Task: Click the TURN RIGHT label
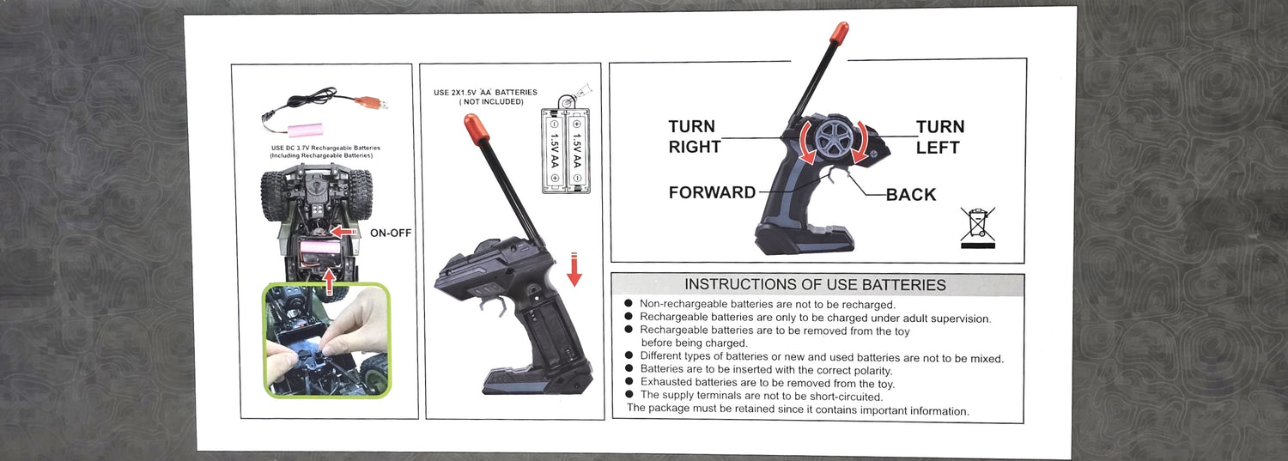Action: (x=695, y=136)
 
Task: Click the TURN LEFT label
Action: (x=940, y=136)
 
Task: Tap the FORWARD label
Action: (x=712, y=192)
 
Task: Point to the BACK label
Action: (x=911, y=194)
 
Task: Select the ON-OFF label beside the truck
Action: (x=391, y=233)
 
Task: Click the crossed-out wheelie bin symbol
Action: (x=977, y=227)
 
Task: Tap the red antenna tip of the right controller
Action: (x=840, y=35)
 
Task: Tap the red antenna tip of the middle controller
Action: (x=477, y=130)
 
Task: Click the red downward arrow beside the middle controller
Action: (x=574, y=269)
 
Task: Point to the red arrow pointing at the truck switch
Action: (x=343, y=232)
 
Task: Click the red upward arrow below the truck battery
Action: (x=329, y=281)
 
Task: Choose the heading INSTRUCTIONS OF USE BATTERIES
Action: (x=815, y=284)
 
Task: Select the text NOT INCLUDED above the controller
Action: (x=492, y=102)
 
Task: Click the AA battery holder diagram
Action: (x=566, y=150)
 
